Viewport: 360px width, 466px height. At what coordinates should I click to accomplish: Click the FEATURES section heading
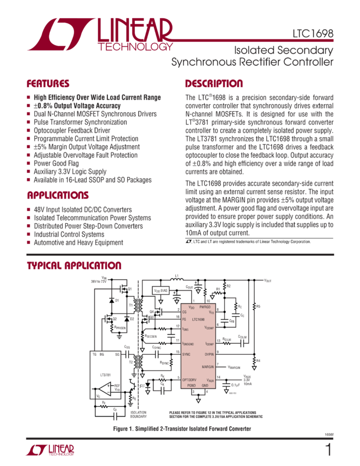pos(48,84)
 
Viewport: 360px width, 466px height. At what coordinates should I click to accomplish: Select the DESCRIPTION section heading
pos(214,84)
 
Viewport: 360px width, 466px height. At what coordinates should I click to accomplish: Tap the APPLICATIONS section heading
pos(58,196)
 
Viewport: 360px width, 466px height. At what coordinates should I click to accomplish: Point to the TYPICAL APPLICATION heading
pos(74,266)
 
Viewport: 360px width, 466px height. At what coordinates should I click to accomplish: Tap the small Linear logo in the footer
pos(50,450)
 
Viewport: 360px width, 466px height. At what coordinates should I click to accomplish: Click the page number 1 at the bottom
pos(328,450)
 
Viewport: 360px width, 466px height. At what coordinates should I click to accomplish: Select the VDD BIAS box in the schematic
pos(162,290)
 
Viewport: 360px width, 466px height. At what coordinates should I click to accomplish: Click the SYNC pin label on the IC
pos(187,355)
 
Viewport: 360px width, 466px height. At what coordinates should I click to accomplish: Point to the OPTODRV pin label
pos(191,379)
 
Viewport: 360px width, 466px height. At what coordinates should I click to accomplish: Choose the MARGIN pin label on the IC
pos(208,366)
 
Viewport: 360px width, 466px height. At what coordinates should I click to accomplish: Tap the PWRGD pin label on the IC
pos(207,308)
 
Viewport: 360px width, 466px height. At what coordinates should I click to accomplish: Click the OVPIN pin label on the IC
pos(208,355)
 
